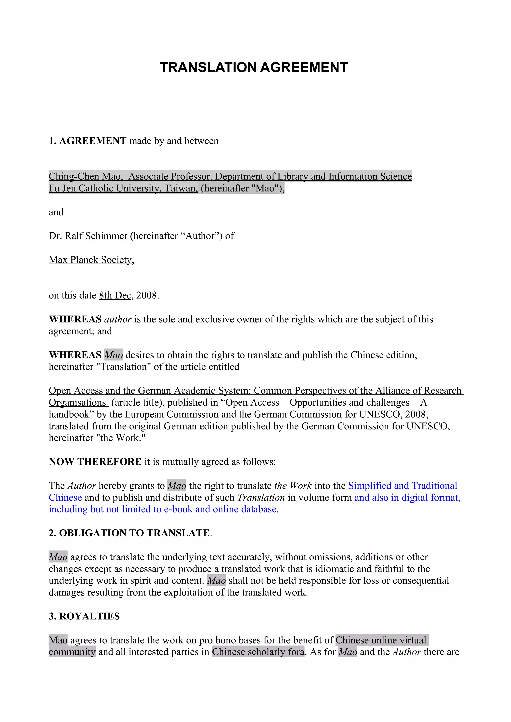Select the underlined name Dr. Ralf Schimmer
click(88, 236)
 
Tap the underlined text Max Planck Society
click(90, 260)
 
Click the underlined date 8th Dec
click(115, 295)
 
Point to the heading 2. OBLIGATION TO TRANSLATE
click(130, 533)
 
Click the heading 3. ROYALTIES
click(84, 616)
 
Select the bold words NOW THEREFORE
click(95, 462)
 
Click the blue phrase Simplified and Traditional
click(402, 486)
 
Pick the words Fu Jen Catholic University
click(105, 188)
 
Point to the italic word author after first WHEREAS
click(118, 319)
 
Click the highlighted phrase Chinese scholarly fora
click(258, 652)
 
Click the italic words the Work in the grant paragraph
click(293, 486)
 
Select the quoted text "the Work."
click(121, 438)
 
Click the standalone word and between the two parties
click(56, 212)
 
